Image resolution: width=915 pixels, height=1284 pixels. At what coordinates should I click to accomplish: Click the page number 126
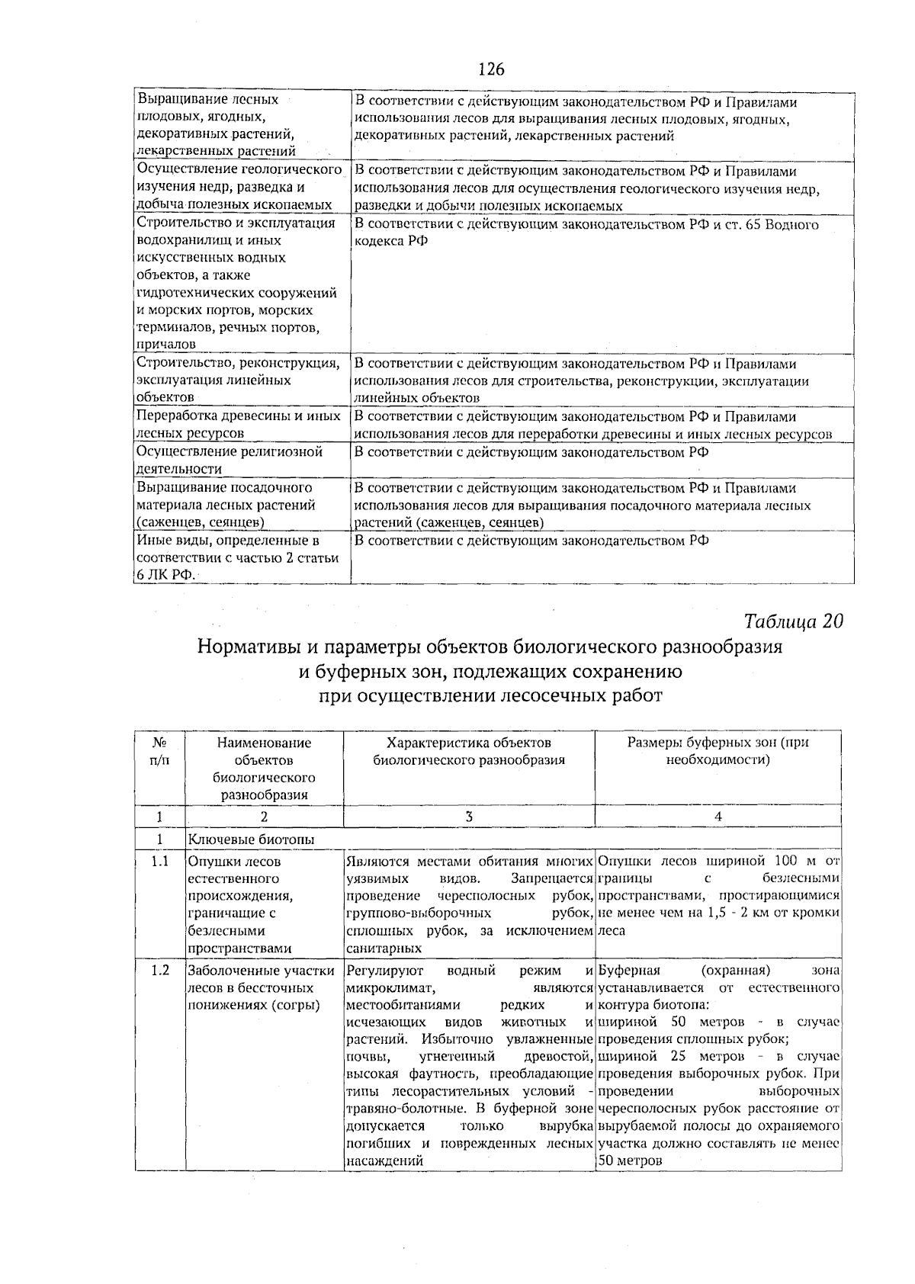click(491, 69)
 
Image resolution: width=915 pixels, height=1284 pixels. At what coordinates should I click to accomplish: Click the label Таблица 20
click(793, 621)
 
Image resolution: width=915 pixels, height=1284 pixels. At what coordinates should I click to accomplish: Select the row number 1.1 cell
click(159, 862)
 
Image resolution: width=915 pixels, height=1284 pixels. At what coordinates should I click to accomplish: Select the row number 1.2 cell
click(159, 971)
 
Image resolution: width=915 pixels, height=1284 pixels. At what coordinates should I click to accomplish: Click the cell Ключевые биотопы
click(251, 839)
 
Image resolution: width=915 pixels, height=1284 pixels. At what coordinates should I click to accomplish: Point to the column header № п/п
click(160, 751)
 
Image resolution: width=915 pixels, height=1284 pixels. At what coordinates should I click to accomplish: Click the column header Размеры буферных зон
click(718, 751)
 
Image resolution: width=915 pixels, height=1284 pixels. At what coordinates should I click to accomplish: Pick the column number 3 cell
click(469, 817)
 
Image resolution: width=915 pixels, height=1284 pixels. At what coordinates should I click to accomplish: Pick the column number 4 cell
click(718, 817)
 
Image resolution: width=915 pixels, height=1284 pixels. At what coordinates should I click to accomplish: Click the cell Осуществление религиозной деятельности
click(229, 460)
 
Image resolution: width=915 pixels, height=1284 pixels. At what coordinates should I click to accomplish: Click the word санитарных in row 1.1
click(384, 949)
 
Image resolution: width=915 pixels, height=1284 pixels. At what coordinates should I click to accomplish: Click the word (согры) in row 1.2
click(291, 1006)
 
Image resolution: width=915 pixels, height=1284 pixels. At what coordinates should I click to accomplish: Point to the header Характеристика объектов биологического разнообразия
click(469, 751)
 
